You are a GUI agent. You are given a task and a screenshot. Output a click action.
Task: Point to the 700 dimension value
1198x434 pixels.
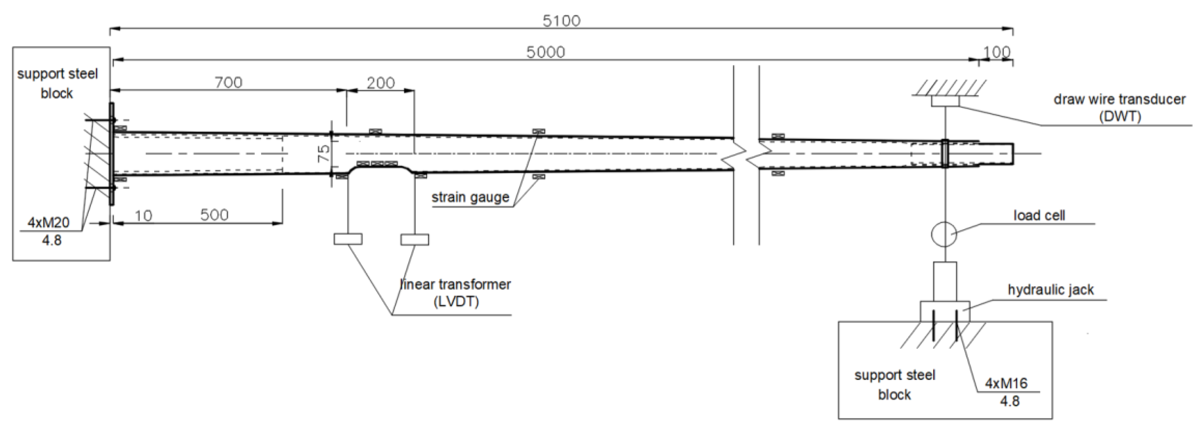coord(228,82)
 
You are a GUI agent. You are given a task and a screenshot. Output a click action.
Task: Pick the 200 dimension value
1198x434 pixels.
coord(380,83)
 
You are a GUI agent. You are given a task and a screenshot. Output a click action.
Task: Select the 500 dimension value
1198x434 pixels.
coord(214,215)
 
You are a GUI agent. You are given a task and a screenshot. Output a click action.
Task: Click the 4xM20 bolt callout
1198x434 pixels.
coord(48,223)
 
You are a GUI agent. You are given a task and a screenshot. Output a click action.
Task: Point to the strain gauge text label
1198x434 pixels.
coord(470,197)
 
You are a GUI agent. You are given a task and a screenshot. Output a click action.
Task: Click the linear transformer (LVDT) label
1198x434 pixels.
coord(455,292)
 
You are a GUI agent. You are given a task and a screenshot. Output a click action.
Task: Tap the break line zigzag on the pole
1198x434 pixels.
coord(746,153)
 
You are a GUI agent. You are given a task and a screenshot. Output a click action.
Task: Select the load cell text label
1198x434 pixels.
coord(1039,216)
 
